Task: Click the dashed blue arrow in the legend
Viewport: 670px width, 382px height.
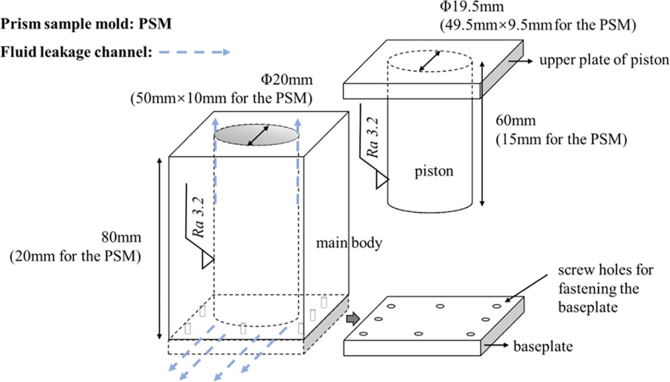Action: [x=193, y=52]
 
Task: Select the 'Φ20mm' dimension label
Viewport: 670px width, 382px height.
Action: [x=221, y=81]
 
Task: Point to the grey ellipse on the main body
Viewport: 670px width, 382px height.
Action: [x=257, y=134]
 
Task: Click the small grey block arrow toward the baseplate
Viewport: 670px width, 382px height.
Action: [x=352, y=320]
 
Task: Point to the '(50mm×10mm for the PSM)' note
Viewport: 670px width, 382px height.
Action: [x=221, y=97]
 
